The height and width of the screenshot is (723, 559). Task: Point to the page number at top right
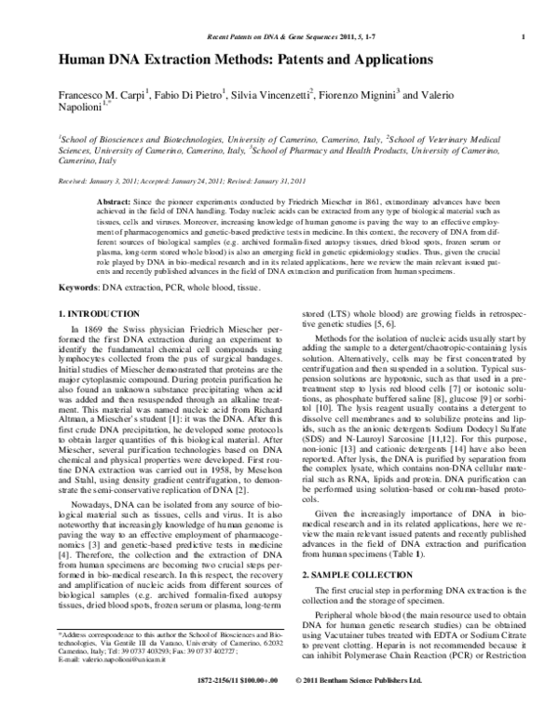pos(527,36)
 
